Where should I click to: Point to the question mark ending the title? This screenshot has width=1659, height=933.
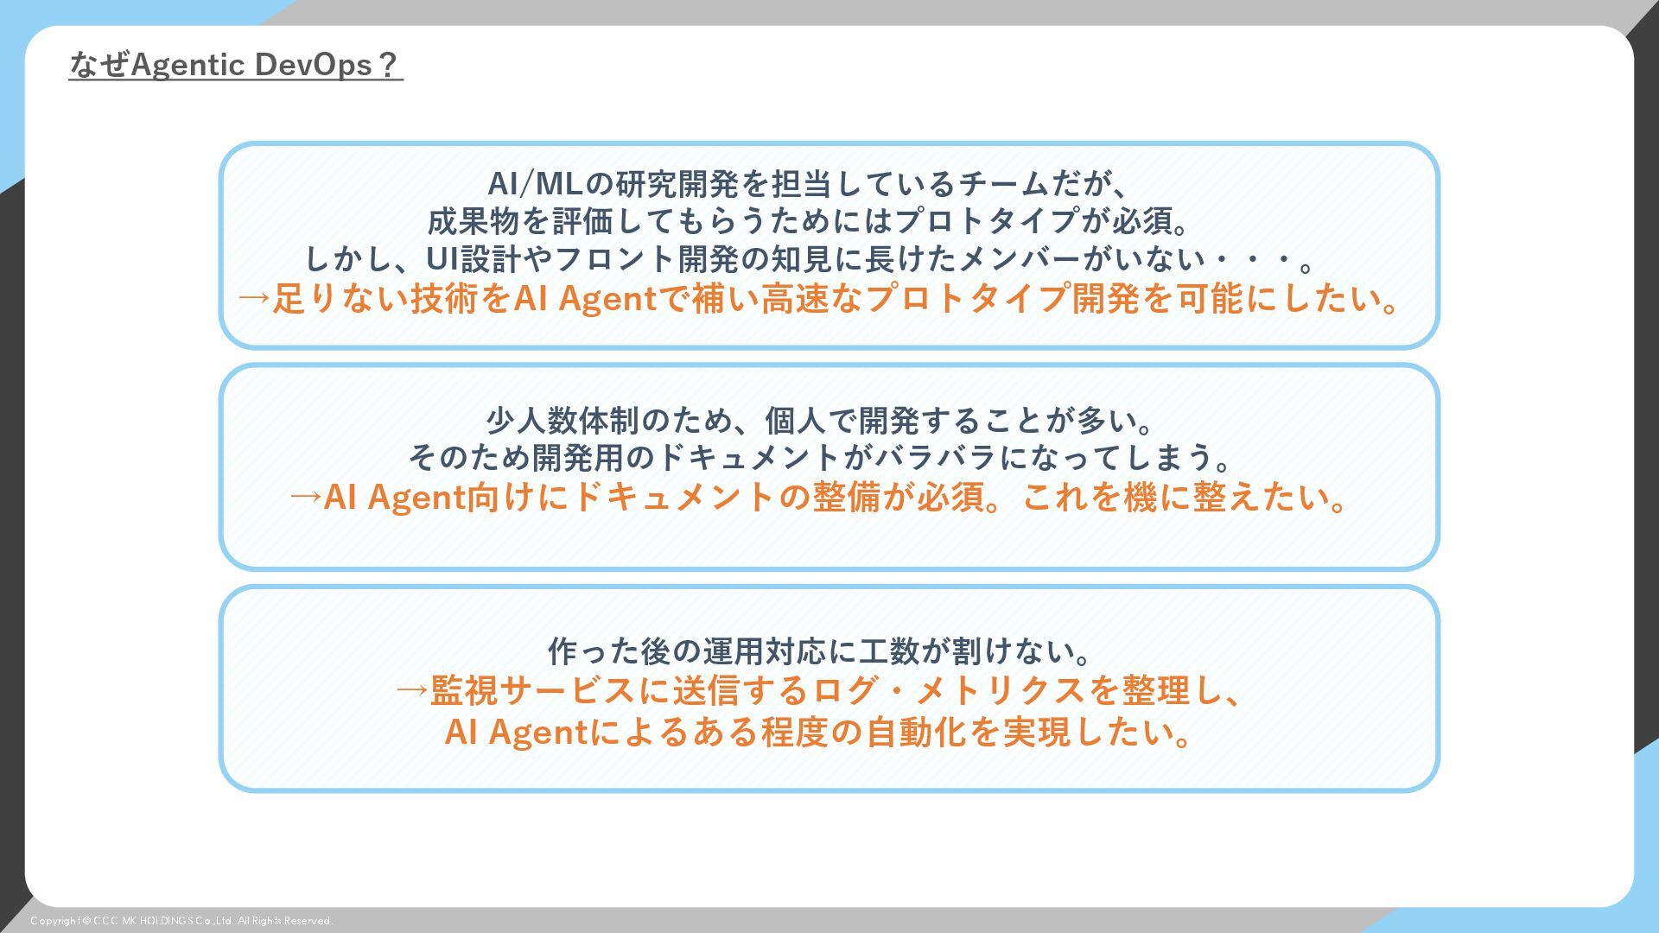tap(388, 65)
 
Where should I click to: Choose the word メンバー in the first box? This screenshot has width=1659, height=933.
tap(1020, 259)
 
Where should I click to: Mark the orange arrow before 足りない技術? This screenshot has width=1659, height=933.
tap(254, 299)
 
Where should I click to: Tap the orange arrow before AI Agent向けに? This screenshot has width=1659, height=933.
tap(305, 498)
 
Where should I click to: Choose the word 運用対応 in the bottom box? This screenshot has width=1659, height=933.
tap(764, 651)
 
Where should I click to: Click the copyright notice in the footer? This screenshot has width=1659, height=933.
tap(181, 921)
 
